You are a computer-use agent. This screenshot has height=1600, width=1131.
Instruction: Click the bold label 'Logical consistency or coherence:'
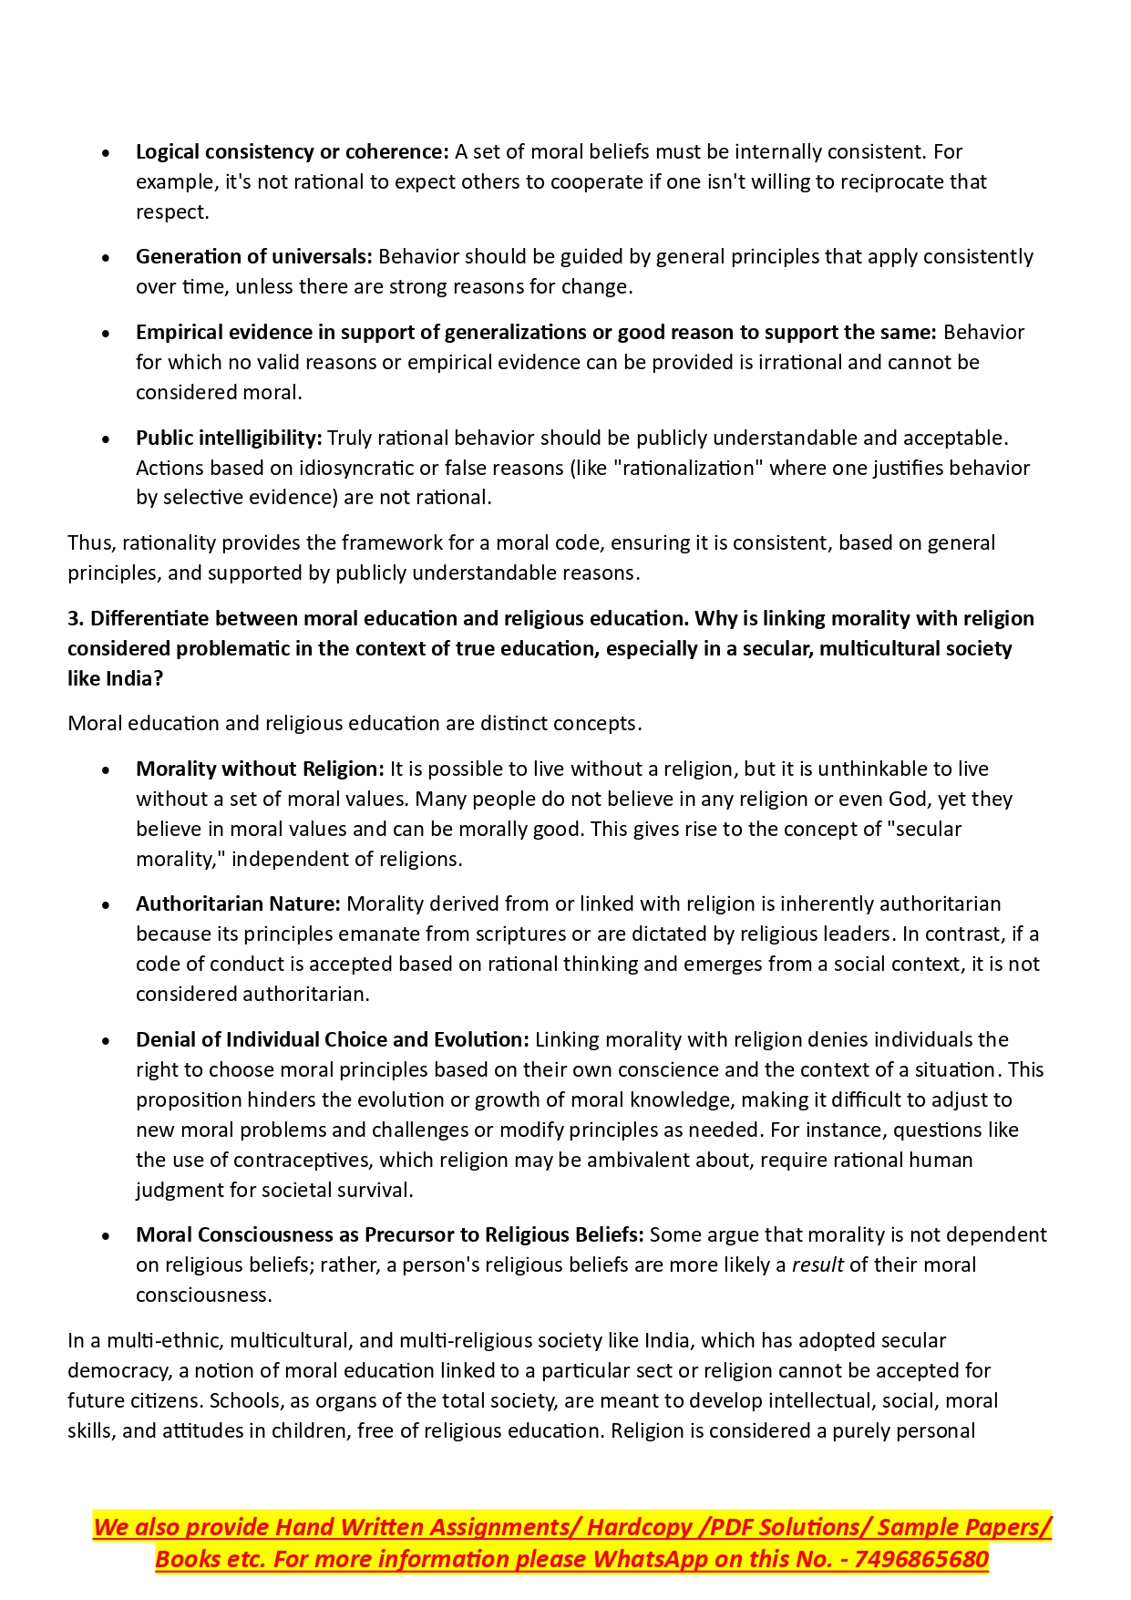pos(292,152)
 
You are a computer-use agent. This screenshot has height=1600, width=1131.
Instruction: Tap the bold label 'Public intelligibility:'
pos(229,439)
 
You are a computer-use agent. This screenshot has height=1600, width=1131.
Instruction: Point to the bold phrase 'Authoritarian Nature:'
pos(238,904)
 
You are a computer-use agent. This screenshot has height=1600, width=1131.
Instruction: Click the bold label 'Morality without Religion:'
pos(260,769)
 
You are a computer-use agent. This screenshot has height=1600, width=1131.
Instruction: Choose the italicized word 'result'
pos(817,1265)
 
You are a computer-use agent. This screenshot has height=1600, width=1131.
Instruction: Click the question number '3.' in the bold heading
pos(76,619)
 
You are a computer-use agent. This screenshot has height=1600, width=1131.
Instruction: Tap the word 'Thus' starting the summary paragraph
pos(88,543)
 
